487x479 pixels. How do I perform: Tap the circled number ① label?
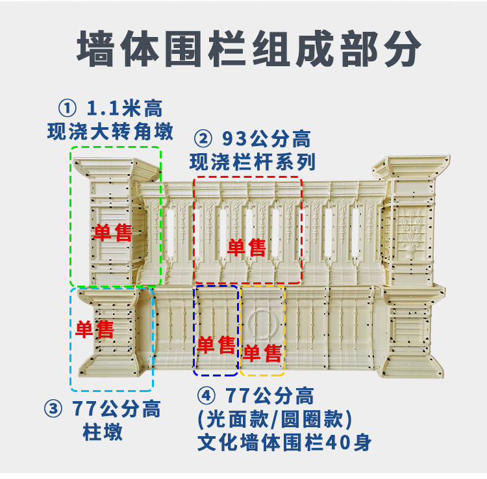67,108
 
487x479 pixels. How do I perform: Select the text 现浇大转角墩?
110,132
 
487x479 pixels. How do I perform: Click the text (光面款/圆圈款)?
274,419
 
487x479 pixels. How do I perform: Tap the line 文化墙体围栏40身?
284,443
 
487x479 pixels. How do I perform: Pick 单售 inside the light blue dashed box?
95,329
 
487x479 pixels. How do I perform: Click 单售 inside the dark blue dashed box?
216,344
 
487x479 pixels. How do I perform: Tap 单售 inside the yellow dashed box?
262,353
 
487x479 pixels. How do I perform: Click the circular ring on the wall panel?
263,322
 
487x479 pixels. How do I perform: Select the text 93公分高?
266,138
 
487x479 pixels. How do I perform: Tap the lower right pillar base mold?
409,334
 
